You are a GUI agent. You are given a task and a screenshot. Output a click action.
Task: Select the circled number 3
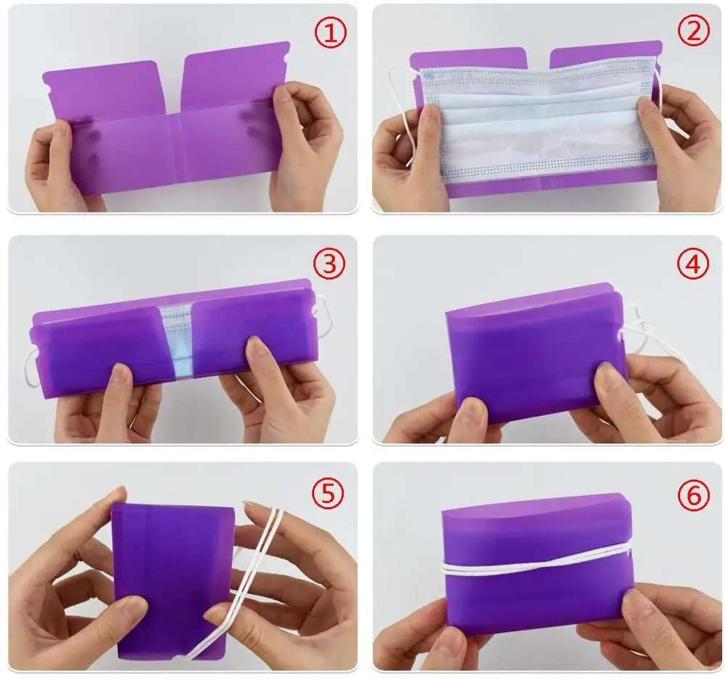pyautogui.click(x=330, y=264)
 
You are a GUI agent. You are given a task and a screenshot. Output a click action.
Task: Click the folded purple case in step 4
pyautogui.click(x=529, y=355)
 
